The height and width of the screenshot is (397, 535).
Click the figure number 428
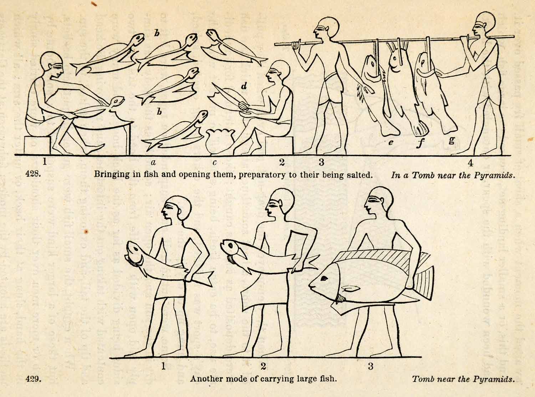tap(33, 174)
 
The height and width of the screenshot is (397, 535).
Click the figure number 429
tap(33, 379)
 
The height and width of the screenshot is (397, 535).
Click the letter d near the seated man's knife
tap(244, 86)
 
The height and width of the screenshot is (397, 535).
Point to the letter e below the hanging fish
tap(391, 142)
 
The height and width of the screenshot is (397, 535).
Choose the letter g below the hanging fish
tap(452, 141)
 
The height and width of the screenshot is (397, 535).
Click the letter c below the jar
tap(214, 163)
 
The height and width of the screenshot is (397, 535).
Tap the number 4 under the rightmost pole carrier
tap(470, 163)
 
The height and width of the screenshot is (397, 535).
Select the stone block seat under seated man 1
tap(38, 145)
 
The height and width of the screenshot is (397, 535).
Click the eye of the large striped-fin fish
tap(324, 279)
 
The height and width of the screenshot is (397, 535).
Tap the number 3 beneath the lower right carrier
tap(371, 366)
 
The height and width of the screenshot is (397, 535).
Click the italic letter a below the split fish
tap(153, 162)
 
